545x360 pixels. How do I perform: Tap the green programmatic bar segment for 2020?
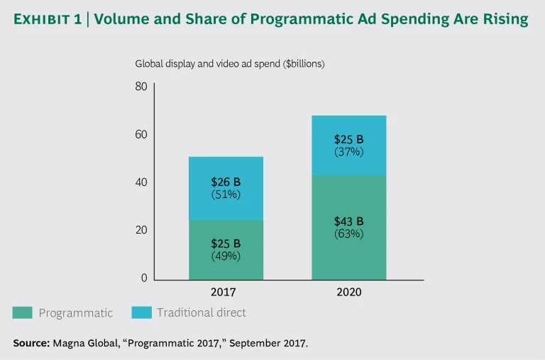click(x=348, y=256)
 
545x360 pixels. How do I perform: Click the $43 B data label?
click(x=348, y=222)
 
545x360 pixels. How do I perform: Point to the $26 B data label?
click(x=226, y=182)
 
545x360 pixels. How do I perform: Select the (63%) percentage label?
click(x=348, y=234)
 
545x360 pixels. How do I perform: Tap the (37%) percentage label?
click(x=348, y=151)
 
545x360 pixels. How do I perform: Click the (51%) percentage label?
click(x=226, y=195)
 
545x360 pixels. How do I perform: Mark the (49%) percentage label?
click(x=226, y=256)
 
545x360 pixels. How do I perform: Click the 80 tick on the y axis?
click(x=141, y=87)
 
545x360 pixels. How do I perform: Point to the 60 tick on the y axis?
click(x=141, y=135)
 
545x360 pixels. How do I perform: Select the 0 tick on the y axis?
click(x=143, y=278)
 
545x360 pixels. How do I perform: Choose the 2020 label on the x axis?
click(x=348, y=292)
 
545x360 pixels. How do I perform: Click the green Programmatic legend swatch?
click(x=23, y=312)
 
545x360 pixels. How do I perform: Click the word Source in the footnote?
click(x=31, y=343)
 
